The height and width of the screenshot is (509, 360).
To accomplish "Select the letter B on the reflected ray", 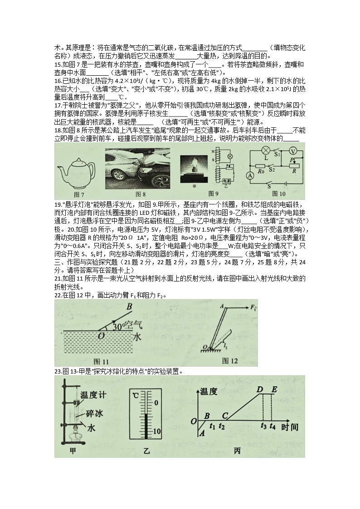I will [x=129, y=307].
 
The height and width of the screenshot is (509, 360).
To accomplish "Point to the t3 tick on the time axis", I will [x=263, y=426].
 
